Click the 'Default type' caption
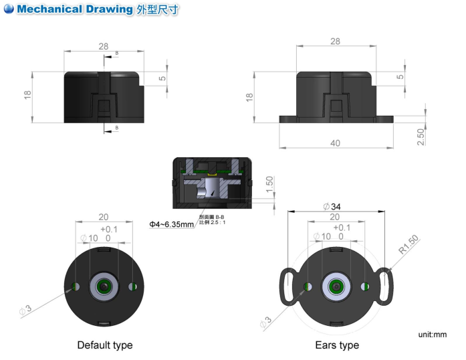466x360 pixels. pos(105,345)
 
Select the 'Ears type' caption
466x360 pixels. pos(337,345)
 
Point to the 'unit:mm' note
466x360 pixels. pos(432,334)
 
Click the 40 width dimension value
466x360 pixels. pos(336,143)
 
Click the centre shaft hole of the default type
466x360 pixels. pos(104,286)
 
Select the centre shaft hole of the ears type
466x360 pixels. pos(336,286)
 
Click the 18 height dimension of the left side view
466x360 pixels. pos(28,96)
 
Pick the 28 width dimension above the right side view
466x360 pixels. pos(336,41)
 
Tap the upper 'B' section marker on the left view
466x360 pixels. pos(117,54)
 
